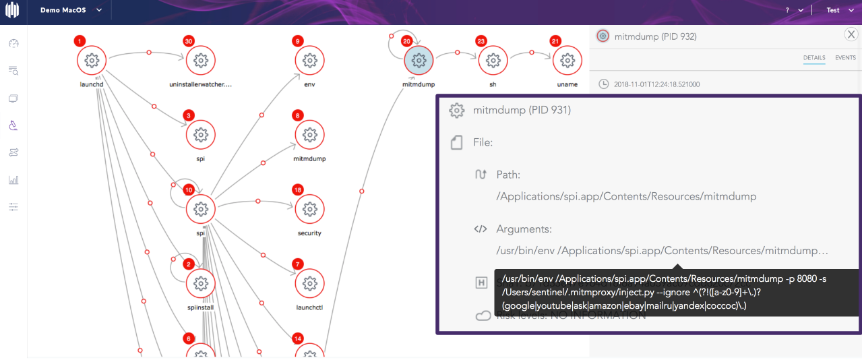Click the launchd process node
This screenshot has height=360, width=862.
92,61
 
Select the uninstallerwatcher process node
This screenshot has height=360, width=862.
200,61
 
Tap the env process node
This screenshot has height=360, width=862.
309,61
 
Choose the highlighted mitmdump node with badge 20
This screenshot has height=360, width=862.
419,61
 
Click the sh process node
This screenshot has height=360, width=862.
493,61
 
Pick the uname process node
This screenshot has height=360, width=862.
567,61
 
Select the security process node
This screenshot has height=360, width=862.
309,209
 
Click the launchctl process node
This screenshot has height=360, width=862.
309,283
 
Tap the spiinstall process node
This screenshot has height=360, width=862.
199,283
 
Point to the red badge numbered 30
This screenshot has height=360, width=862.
189,42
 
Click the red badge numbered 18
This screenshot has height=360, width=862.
298,190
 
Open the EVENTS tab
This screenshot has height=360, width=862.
845,58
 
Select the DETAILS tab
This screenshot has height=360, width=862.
814,58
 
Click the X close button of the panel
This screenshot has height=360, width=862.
851,35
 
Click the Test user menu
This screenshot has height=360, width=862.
838,10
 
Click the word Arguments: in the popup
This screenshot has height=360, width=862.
524,229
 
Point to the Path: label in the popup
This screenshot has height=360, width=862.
507,175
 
